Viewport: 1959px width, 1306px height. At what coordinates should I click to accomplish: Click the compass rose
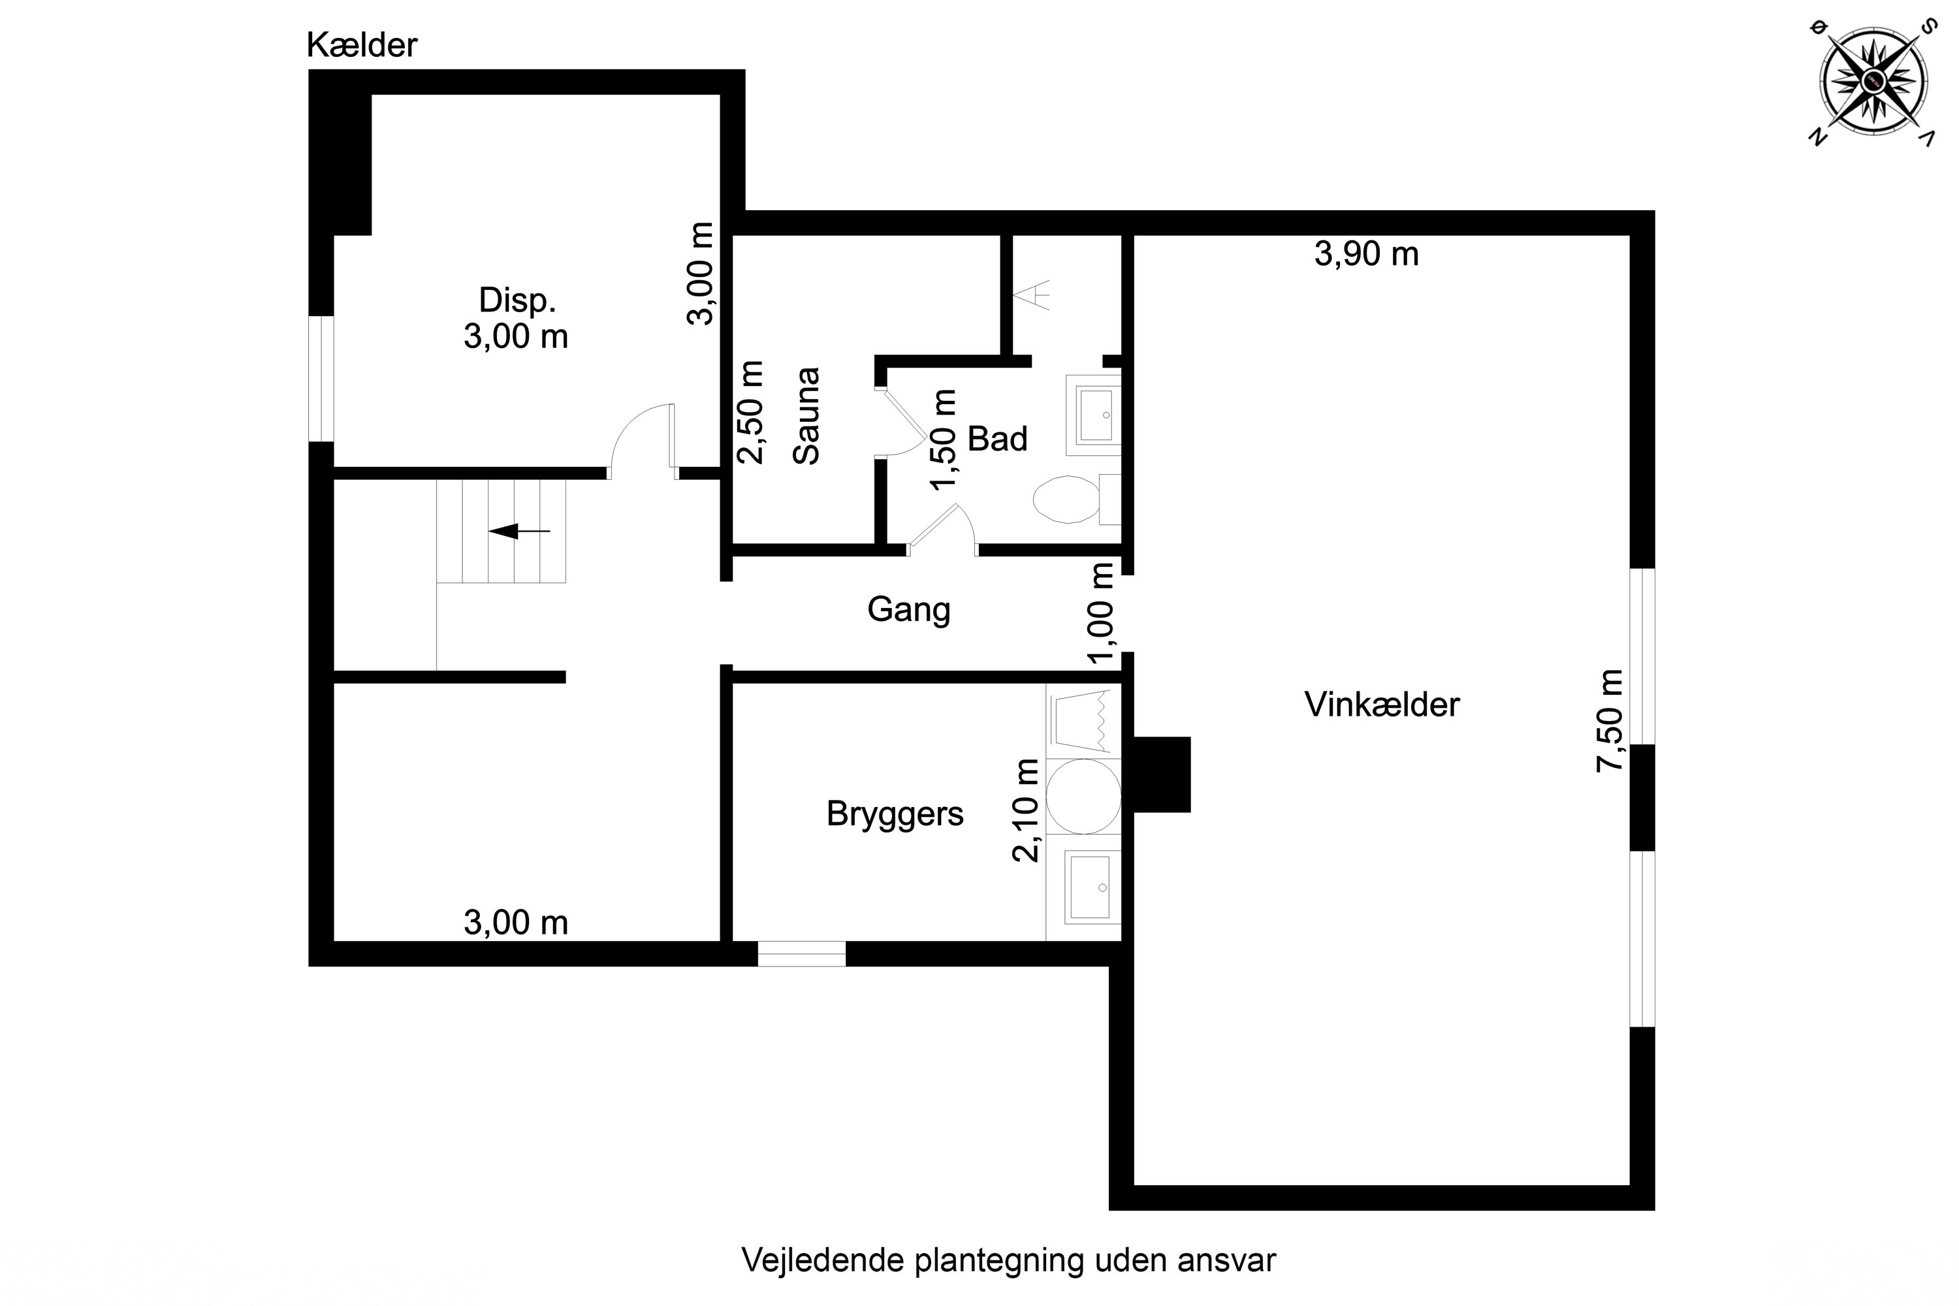(x=1875, y=81)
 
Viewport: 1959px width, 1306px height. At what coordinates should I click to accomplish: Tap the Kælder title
(x=362, y=45)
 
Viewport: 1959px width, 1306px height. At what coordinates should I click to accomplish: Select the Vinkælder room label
(x=1382, y=705)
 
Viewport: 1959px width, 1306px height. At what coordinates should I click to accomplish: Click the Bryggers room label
(x=895, y=814)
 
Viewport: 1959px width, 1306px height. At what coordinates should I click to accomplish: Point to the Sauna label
(x=806, y=415)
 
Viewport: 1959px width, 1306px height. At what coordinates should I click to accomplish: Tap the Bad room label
(x=997, y=439)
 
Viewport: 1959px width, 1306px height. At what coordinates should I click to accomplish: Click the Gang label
(x=909, y=610)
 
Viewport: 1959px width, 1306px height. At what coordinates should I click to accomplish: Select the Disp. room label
(x=517, y=300)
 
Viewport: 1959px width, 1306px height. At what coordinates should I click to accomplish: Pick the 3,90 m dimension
(x=1366, y=254)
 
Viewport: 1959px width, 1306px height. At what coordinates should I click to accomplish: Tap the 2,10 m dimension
(x=1025, y=810)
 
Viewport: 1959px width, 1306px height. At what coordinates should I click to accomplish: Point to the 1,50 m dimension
(x=943, y=439)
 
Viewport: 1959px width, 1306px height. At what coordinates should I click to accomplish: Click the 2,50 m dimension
(x=750, y=411)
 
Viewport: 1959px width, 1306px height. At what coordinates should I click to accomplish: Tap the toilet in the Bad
(x=1076, y=499)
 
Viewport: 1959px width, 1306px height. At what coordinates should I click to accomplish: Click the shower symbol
(x=1031, y=295)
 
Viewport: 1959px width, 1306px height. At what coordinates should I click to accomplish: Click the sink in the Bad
(x=1094, y=415)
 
